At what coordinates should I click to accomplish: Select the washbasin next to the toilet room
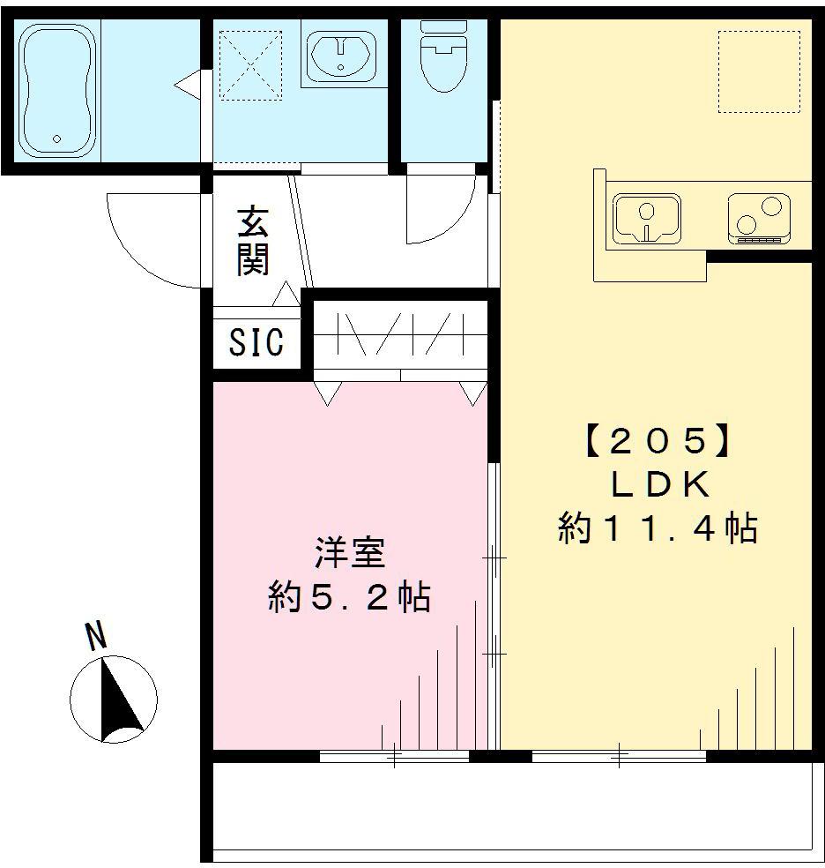[341, 55]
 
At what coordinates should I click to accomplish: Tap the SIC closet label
[256, 342]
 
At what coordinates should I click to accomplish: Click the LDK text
[657, 485]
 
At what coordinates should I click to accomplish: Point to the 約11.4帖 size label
[657, 528]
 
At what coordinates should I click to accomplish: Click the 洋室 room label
[350, 555]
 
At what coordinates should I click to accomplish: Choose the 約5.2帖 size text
[350, 599]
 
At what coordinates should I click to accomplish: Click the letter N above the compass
[95, 635]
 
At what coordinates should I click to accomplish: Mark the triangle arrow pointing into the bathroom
[186, 86]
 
